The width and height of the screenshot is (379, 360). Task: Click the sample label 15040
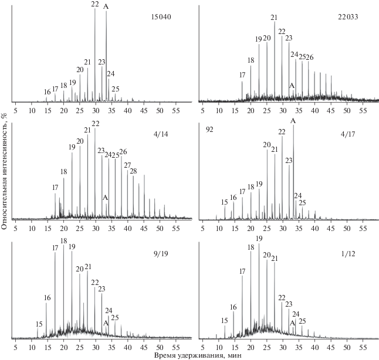pyautogui.click(x=161, y=17)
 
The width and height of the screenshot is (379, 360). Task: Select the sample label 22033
pyautogui.click(x=348, y=17)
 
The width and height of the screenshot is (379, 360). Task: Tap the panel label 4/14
pyautogui.click(x=161, y=134)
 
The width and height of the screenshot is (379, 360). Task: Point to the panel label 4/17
pyautogui.click(x=348, y=134)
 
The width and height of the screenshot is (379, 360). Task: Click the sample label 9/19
pyautogui.click(x=161, y=254)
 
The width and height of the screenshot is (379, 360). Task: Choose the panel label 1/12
pyautogui.click(x=348, y=254)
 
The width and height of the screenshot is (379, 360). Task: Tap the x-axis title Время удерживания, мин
pyautogui.click(x=198, y=355)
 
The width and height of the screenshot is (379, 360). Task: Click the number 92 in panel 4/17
pyautogui.click(x=209, y=130)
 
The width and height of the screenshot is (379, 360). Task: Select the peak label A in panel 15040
pyautogui.click(x=106, y=7)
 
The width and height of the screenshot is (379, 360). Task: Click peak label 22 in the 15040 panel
pyautogui.click(x=95, y=4)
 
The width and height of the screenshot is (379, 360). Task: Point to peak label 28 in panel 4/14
pyautogui.click(x=133, y=171)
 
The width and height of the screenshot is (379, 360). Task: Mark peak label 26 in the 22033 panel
pyautogui.click(x=310, y=57)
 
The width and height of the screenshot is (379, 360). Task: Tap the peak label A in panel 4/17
pyautogui.click(x=293, y=121)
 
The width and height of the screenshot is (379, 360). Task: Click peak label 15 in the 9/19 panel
pyautogui.click(x=39, y=324)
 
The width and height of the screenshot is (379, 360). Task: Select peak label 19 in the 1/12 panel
pyautogui.click(x=259, y=239)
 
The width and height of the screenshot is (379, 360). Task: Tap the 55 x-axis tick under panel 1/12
pyautogui.click(x=363, y=347)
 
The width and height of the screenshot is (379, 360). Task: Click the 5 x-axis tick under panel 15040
pyautogui.click(x=15, y=111)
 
